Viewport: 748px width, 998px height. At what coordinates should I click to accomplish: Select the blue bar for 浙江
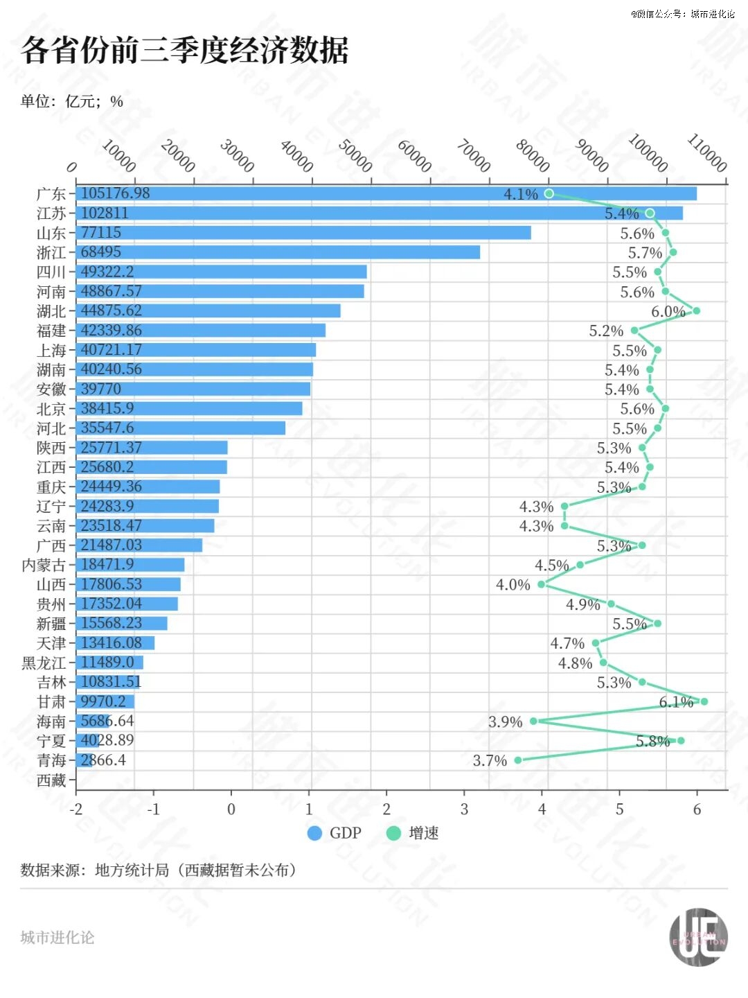pyautogui.click(x=278, y=252)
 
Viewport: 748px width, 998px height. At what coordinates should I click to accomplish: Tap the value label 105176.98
pyautogui.click(x=115, y=193)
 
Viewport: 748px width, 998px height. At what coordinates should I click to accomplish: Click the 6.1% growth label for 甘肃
pyautogui.click(x=675, y=702)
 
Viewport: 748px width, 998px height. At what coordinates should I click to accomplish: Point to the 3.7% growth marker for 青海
pyautogui.click(x=518, y=760)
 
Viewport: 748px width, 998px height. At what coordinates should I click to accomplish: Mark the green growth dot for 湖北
pyautogui.click(x=696, y=310)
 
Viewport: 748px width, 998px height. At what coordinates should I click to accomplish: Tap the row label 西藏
pyautogui.click(x=51, y=780)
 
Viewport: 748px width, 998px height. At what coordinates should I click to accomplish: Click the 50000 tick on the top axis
pyautogui.click(x=355, y=156)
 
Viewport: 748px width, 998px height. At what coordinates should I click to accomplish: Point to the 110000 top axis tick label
pyautogui.click(x=706, y=152)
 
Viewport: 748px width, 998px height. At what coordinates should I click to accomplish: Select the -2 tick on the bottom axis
pyautogui.click(x=76, y=809)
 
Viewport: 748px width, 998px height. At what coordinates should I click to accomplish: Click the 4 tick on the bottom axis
pyautogui.click(x=542, y=809)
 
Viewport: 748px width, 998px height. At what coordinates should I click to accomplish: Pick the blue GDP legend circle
pyautogui.click(x=314, y=833)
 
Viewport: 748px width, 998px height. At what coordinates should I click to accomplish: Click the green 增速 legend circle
pyautogui.click(x=393, y=833)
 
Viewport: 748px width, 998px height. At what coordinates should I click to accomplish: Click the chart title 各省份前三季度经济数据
pyautogui.click(x=184, y=51)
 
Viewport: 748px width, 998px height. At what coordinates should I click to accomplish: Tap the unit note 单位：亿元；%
pyautogui.click(x=72, y=102)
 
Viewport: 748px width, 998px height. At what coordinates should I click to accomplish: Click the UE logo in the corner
pyautogui.click(x=698, y=937)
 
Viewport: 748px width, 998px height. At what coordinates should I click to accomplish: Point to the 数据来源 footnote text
pyautogui.click(x=159, y=870)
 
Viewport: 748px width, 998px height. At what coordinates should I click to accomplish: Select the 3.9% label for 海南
pyautogui.click(x=505, y=722)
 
